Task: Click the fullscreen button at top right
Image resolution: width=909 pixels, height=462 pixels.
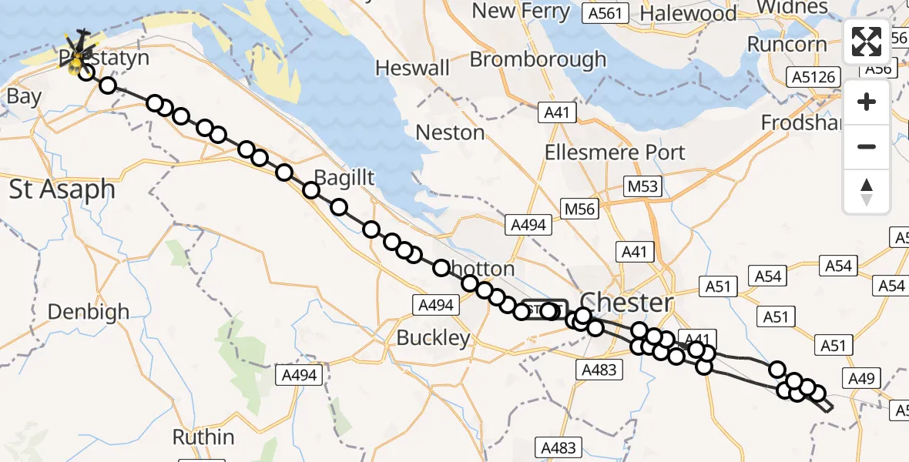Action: point(867,42)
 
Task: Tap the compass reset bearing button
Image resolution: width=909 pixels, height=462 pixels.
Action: point(867,192)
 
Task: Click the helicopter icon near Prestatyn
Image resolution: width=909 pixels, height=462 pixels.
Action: point(78,48)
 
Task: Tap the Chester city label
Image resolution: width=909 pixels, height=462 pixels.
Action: point(626,301)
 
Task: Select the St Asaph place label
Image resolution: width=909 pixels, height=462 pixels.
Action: point(62,189)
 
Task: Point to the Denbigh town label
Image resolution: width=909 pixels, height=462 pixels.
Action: point(89,312)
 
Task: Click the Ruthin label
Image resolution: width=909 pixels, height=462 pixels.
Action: point(203,437)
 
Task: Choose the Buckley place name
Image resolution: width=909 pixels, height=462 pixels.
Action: point(433,337)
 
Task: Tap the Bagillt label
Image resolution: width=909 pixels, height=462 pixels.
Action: point(344,178)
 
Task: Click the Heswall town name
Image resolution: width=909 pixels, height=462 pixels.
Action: point(413,68)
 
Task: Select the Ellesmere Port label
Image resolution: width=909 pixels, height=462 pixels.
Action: point(615,152)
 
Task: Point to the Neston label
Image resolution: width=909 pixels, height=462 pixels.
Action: point(450,132)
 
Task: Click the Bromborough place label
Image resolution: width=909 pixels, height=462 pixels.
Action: point(538,59)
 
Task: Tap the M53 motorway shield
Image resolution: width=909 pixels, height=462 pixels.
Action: point(641,186)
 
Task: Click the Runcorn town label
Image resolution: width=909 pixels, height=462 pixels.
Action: point(787,44)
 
